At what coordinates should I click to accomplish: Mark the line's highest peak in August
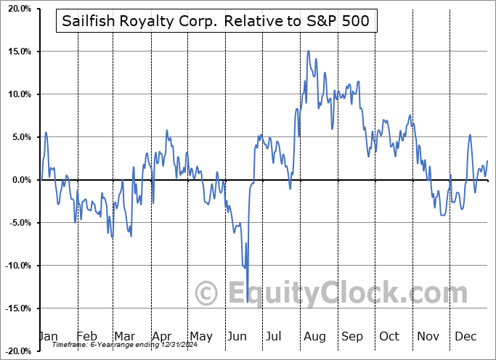[x=309, y=51]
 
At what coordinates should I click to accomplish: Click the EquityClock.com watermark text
[x=338, y=293]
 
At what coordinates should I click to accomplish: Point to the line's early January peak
[x=46, y=132]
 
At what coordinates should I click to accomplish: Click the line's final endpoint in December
[x=487, y=160]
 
